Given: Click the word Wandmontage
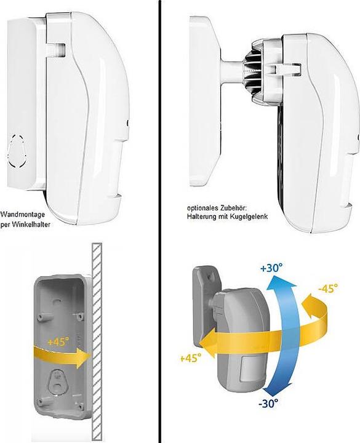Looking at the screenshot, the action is point(23,215).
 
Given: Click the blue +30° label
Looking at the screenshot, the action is point(271,268).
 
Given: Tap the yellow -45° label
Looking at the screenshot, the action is point(328,289).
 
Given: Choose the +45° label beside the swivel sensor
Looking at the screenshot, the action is point(191,358).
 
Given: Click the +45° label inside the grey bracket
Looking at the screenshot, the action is point(58,342).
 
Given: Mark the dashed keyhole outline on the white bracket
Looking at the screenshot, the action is point(17,151).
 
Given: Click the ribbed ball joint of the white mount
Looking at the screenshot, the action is point(252,73).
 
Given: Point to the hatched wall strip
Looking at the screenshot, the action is point(97,343).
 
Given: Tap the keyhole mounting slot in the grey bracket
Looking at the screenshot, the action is point(58,383).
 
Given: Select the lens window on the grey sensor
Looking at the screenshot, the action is point(250,369).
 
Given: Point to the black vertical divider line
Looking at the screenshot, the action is point(160,221).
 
